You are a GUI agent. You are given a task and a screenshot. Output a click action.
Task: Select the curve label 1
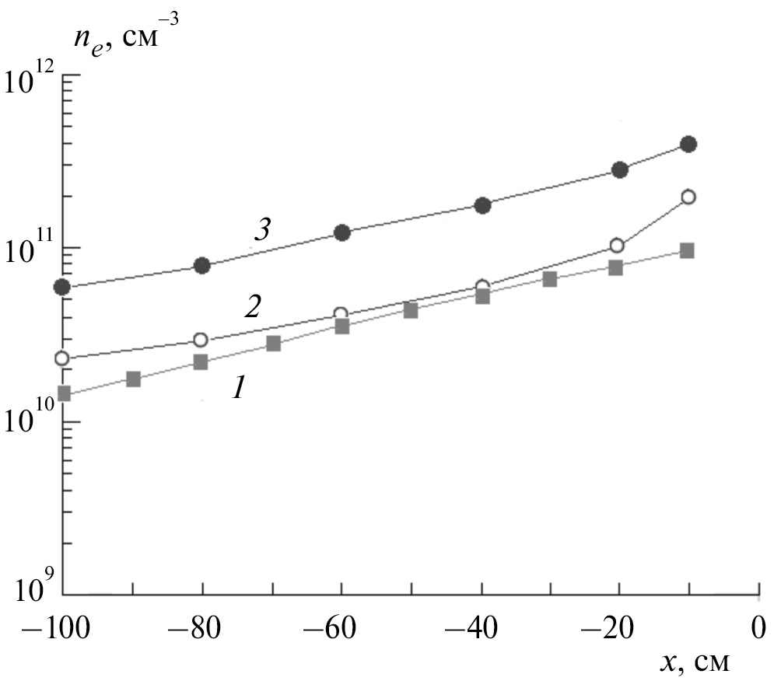238,387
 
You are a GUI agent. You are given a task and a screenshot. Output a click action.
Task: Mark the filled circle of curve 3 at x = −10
688,144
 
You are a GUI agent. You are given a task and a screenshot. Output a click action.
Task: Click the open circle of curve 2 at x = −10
688,197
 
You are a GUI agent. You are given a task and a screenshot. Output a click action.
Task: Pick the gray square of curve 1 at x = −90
133,379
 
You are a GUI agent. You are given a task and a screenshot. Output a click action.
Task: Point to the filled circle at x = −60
341,232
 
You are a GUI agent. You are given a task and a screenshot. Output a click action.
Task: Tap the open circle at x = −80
201,340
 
